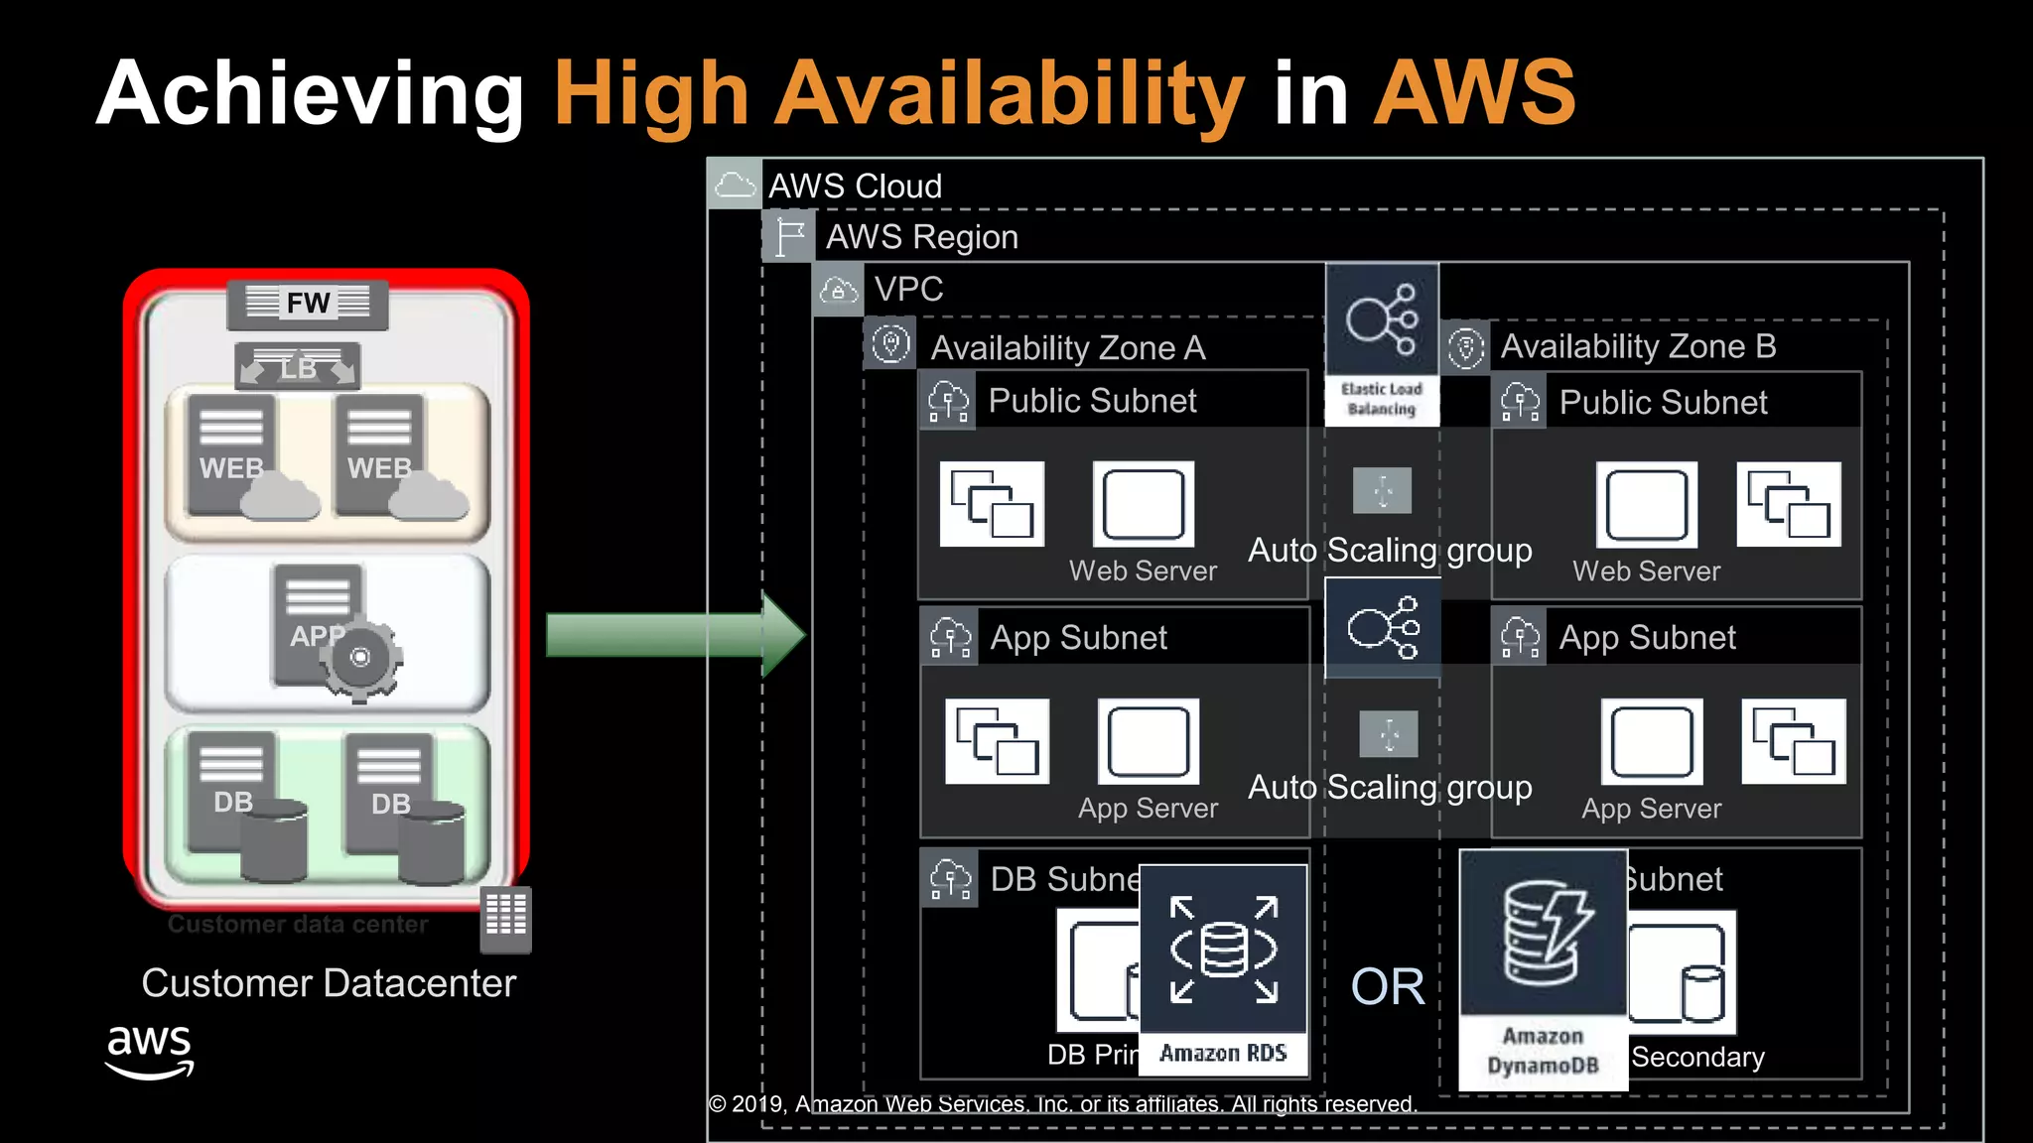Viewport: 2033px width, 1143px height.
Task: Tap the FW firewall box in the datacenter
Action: [x=308, y=303]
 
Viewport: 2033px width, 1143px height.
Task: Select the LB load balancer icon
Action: [x=298, y=368]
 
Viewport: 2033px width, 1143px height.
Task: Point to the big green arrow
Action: [x=675, y=635]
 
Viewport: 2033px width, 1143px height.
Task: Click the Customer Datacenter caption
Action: [x=329, y=983]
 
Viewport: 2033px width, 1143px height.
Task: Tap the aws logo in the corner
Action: [x=149, y=1052]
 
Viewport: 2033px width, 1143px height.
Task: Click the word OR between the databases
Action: [x=1387, y=987]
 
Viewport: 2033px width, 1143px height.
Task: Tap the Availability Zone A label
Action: [x=1067, y=348]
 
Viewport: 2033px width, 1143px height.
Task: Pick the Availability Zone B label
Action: [x=1638, y=346]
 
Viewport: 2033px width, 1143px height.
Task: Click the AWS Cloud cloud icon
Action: [x=735, y=184]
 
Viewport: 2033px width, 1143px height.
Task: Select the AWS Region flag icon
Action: [x=789, y=236]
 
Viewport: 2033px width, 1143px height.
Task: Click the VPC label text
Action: [x=908, y=289]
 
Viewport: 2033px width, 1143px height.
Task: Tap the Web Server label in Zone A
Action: [x=1143, y=571]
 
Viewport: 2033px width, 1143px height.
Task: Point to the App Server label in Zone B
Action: [x=1651, y=809]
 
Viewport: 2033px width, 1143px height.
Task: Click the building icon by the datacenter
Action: [x=506, y=917]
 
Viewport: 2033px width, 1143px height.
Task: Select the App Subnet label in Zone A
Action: [x=1078, y=638]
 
